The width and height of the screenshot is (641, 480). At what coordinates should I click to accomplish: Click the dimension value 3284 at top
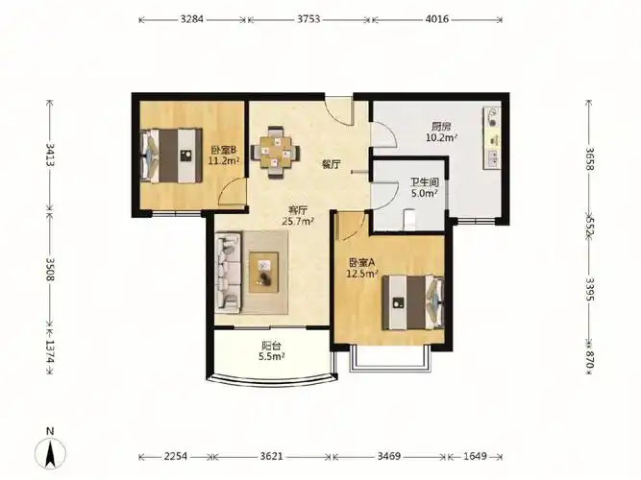tap(192, 19)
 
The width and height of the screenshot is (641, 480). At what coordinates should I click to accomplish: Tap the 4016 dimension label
tap(437, 19)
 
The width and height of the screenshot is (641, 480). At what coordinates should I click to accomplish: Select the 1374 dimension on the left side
tap(49, 351)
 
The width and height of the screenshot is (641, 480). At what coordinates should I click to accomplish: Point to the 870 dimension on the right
tap(590, 359)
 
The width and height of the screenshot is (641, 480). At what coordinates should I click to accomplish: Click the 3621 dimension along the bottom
tap(271, 456)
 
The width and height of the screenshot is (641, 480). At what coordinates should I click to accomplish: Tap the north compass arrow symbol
tap(50, 452)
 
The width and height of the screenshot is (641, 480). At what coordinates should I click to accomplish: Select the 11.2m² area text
tap(224, 160)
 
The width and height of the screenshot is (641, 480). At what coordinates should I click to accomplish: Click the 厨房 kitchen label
tap(441, 126)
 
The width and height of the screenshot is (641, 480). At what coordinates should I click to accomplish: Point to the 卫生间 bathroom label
tap(425, 182)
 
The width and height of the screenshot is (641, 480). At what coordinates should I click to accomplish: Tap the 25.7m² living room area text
tap(298, 221)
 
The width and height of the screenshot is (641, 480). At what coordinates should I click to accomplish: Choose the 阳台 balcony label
tap(271, 346)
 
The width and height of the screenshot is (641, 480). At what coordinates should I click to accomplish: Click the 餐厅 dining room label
tap(332, 164)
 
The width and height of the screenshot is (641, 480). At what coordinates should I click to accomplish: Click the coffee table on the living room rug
tap(263, 272)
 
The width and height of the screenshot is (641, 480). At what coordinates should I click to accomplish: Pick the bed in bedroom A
tap(413, 302)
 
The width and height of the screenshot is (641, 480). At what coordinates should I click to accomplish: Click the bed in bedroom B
tap(172, 156)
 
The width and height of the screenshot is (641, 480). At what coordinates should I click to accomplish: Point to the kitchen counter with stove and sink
tap(492, 138)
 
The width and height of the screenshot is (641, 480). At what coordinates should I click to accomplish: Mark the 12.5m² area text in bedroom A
tap(362, 274)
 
